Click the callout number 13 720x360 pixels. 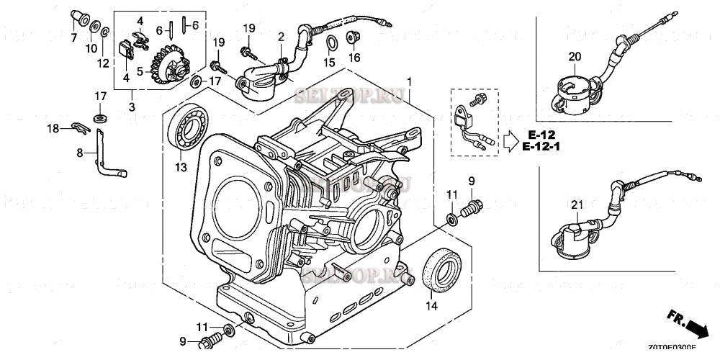pyautogui.click(x=180, y=168)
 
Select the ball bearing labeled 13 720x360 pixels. pyautogui.click(x=191, y=131)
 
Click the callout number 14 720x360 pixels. pyautogui.click(x=431, y=305)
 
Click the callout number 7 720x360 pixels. pyautogui.click(x=74, y=37)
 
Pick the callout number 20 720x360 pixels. pyautogui.click(x=575, y=56)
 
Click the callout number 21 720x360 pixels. pyautogui.click(x=576, y=206)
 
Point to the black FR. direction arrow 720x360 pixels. pyautogui.click(x=696, y=328)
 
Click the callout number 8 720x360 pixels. pyautogui.click(x=81, y=153)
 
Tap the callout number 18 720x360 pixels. pyautogui.click(x=53, y=128)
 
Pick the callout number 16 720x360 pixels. pyautogui.click(x=354, y=58)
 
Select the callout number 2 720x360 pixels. pyautogui.click(x=281, y=37)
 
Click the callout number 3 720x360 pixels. pyautogui.click(x=132, y=107)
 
